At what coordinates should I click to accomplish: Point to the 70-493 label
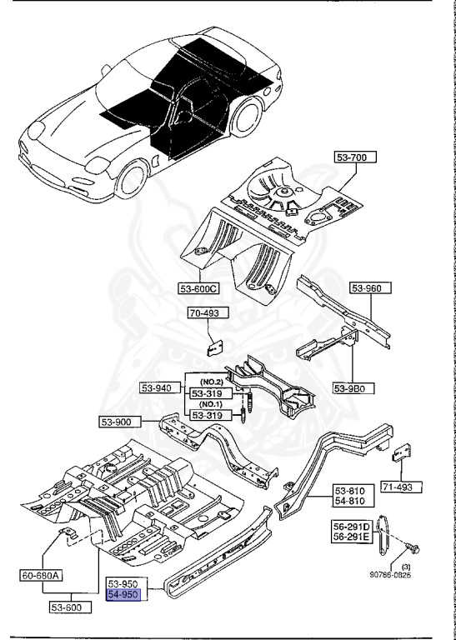[x=205, y=315]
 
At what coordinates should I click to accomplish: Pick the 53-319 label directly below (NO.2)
[x=211, y=393]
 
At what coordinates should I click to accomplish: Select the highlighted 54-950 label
[x=127, y=595]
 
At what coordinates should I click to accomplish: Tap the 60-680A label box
[x=43, y=574]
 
